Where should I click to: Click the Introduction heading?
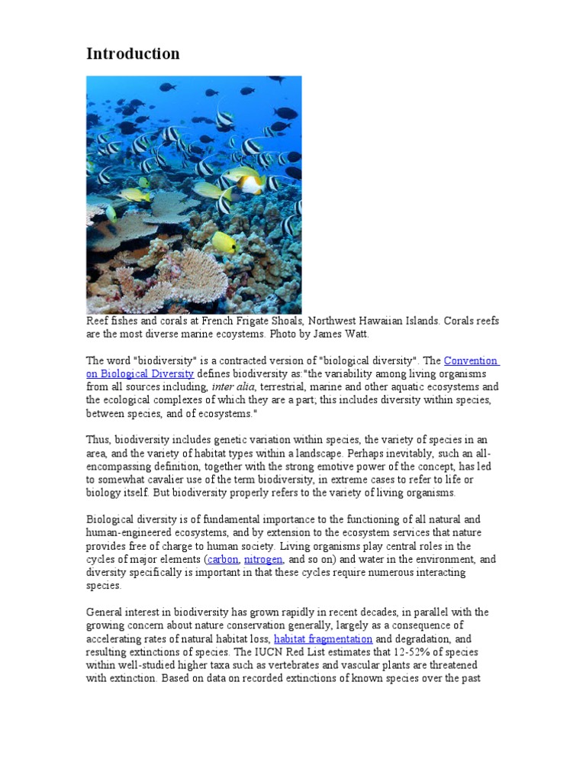click(x=133, y=53)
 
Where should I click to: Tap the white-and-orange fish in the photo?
click(x=250, y=183)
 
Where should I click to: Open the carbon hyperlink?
click(x=223, y=560)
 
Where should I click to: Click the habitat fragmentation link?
click(x=323, y=638)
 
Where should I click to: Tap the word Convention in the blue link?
click(x=471, y=360)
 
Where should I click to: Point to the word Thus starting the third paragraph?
click(x=98, y=440)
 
